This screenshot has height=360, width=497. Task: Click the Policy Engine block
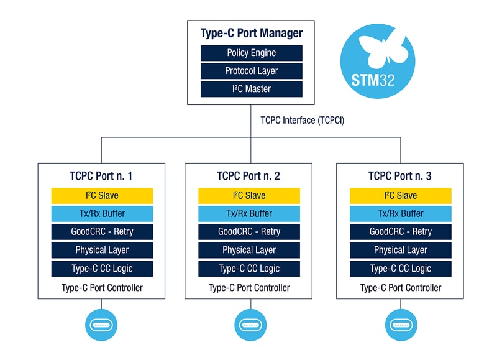[x=251, y=53]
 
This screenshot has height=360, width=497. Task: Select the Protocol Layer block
[x=251, y=71]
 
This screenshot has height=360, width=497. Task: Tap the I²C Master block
[x=251, y=89]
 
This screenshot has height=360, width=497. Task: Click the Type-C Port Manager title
[x=251, y=33]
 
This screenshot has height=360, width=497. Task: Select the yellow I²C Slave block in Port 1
[x=102, y=195]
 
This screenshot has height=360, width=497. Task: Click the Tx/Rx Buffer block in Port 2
[x=249, y=213]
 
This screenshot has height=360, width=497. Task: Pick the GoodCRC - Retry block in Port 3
[x=400, y=231]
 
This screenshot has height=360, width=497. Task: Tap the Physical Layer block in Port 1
[x=102, y=250]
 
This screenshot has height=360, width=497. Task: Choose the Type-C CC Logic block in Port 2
[x=249, y=269]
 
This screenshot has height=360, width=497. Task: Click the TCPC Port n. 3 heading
[x=400, y=176]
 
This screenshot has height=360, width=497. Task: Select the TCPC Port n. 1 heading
[x=102, y=176]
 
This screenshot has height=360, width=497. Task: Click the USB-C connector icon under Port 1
[x=101, y=325]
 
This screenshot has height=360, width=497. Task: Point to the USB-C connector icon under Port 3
[x=400, y=325]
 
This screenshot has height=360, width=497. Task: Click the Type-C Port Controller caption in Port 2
[x=249, y=288]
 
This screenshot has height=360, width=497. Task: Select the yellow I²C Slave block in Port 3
[x=400, y=195]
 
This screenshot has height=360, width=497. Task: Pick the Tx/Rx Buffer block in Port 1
[x=102, y=213]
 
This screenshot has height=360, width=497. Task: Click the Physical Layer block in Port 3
[x=400, y=250]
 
